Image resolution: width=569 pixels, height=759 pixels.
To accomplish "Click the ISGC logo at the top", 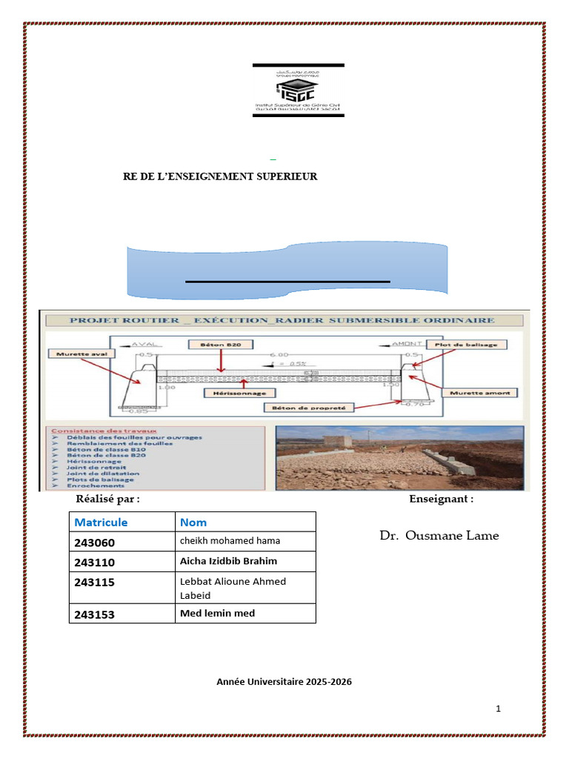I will click(x=298, y=91).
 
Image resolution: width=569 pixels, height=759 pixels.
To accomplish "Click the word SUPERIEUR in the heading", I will click(x=285, y=176).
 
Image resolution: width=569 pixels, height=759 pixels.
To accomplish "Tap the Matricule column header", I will click(x=101, y=523).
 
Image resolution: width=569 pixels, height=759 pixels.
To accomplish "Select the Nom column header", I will click(x=193, y=523).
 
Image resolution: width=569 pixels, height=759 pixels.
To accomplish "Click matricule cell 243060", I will click(x=95, y=543).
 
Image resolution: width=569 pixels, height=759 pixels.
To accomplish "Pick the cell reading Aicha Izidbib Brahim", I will click(x=228, y=561).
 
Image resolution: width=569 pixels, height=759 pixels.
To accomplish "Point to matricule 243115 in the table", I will click(x=95, y=583).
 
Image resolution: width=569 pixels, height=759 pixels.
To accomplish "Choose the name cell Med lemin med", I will click(x=217, y=613).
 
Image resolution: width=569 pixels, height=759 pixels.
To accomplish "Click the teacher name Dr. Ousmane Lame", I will click(x=439, y=535).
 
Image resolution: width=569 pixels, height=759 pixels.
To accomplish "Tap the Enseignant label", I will click(x=441, y=499).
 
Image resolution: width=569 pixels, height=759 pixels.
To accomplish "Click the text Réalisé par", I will click(x=113, y=499).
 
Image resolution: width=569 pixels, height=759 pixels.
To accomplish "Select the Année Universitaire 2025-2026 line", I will click(x=284, y=681).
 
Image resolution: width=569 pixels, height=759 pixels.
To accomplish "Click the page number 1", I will click(x=499, y=709).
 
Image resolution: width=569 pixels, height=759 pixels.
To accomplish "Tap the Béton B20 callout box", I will click(x=221, y=344).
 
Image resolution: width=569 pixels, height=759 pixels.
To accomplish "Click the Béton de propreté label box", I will click(x=310, y=407).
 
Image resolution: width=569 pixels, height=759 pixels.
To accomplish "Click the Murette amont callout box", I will click(x=480, y=392).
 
